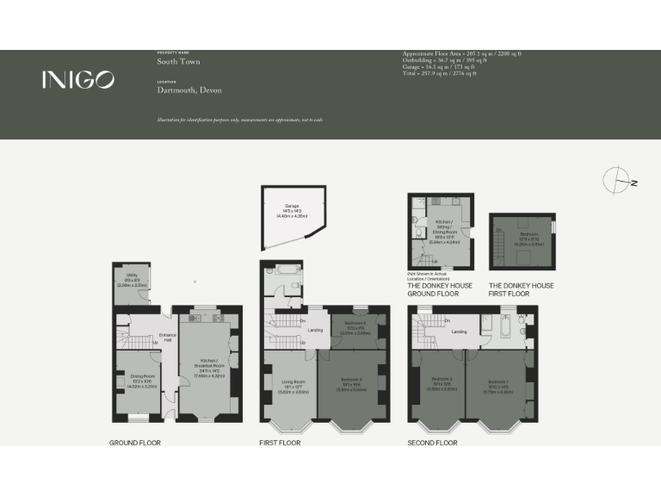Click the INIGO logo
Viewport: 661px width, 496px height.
(x=77, y=80)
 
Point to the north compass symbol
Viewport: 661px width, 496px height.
(x=619, y=180)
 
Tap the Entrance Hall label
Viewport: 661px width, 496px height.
(x=167, y=338)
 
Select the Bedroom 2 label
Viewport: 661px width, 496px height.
(x=439, y=384)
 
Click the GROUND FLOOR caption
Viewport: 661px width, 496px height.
(x=134, y=443)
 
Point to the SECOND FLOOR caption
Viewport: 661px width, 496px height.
(x=433, y=443)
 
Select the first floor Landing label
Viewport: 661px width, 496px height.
(x=316, y=330)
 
